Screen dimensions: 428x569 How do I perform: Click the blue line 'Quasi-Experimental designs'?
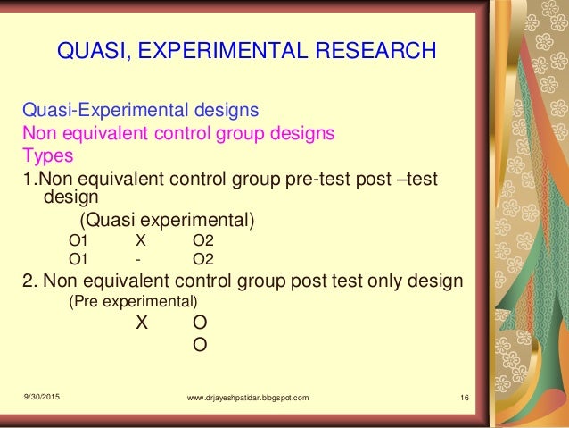point(140,112)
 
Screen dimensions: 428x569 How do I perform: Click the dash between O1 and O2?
point(139,260)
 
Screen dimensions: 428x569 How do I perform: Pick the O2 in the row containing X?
point(203,240)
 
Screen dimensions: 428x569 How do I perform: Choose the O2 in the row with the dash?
point(203,260)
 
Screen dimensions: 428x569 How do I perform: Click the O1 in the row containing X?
point(79,240)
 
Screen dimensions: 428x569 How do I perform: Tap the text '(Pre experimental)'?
point(133,302)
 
